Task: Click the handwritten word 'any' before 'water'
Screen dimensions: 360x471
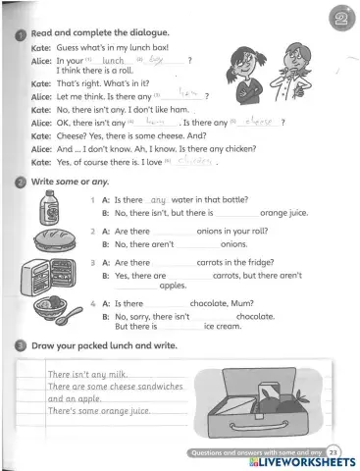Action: pos(161,198)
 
